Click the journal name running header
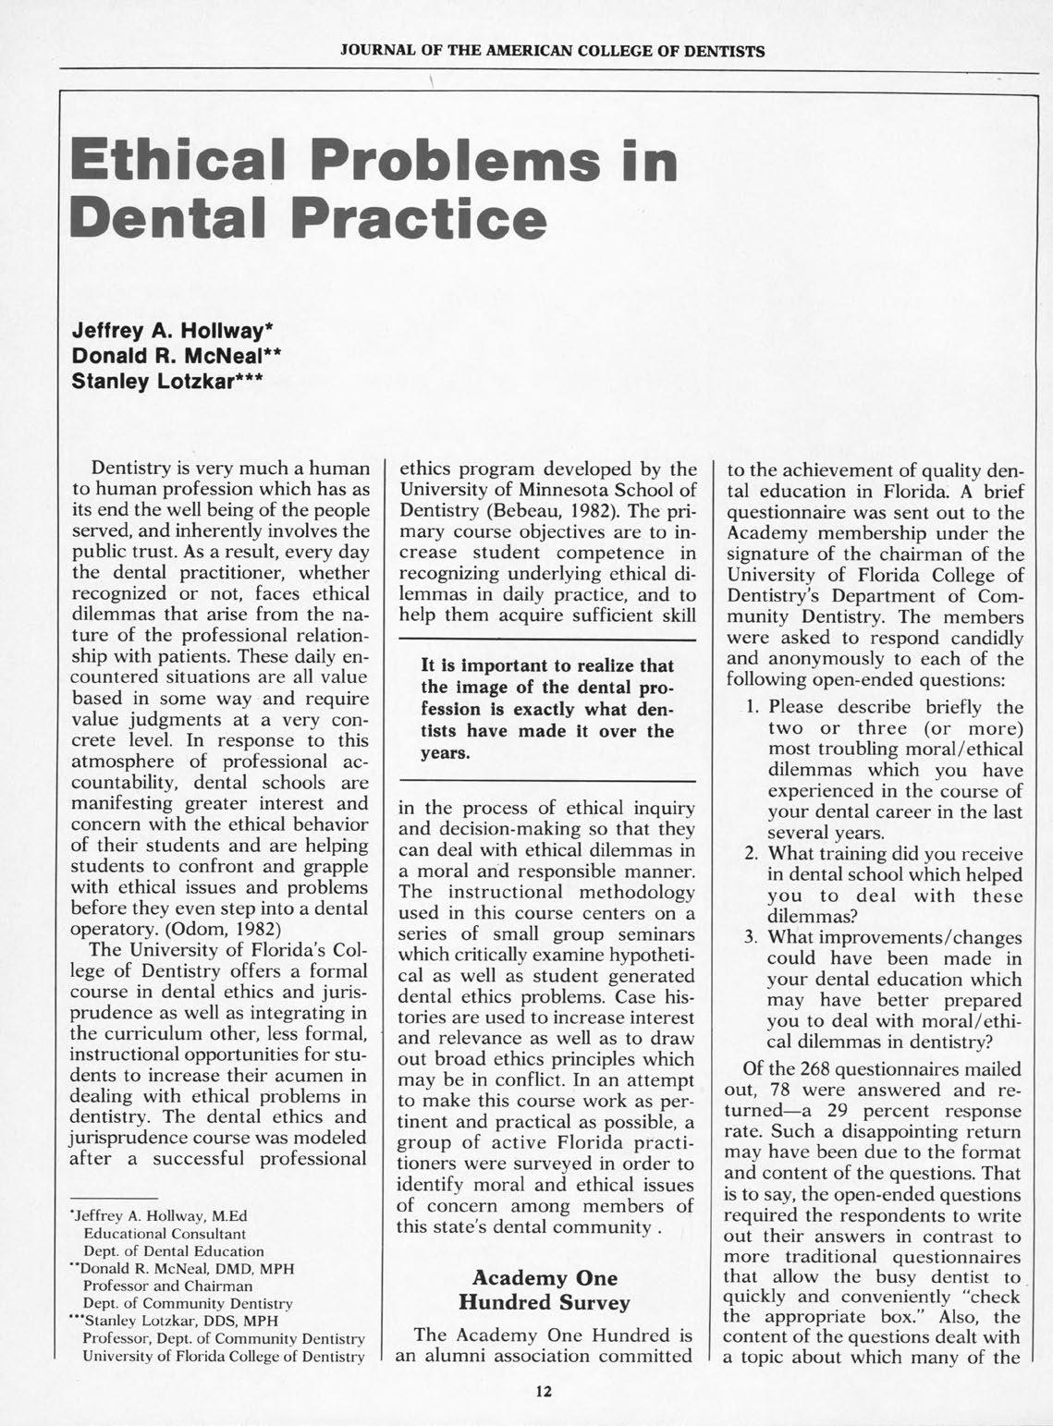click(x=552, y=51)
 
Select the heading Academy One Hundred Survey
click(x=545, y=1290)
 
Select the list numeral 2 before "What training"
click(x=752, y=853)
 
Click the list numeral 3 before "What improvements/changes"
click(x=752, y=938)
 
